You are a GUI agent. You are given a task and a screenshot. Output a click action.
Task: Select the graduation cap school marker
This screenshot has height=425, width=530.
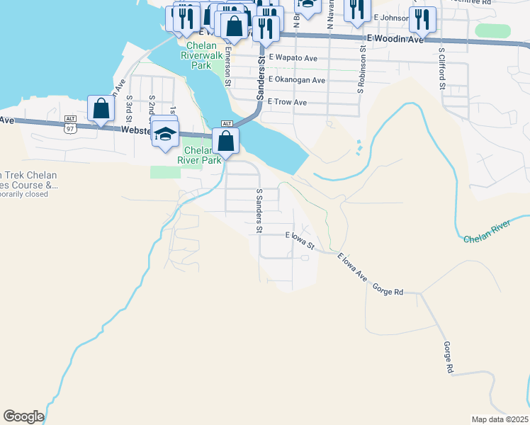[164, 134]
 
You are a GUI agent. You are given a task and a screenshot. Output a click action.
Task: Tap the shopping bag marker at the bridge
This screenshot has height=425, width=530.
[225, 141]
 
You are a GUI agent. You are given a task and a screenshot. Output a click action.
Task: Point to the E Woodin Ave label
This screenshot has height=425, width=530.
[395, 40]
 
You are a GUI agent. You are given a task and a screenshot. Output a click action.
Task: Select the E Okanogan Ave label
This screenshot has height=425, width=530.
[296, 80]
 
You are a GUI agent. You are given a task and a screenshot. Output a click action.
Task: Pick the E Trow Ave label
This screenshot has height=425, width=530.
[287, 103]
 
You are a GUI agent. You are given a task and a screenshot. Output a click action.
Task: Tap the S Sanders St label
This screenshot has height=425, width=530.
[259, 211]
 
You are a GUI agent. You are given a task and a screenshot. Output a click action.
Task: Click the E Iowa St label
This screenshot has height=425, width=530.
[300, 239]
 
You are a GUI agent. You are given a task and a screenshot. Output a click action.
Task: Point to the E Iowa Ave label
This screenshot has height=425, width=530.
[351, 267]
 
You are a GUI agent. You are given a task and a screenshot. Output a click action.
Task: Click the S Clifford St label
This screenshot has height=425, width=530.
[441, 68]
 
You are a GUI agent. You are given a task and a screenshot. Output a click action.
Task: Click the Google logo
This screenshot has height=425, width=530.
[23, 416]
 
